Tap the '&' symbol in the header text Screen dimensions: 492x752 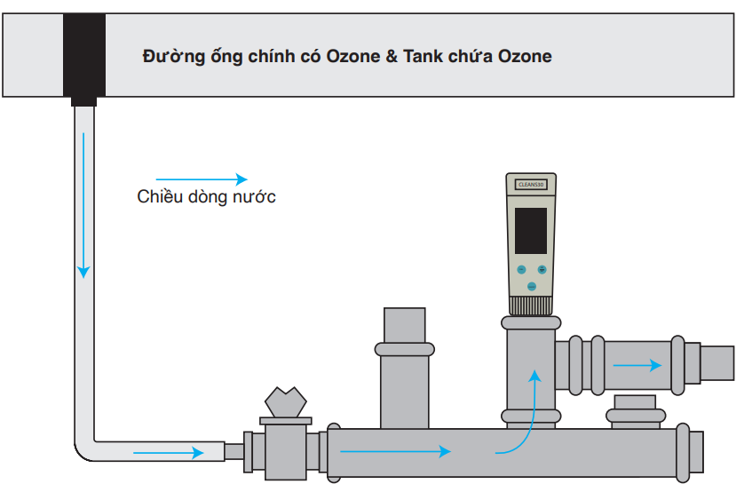click(391, 57)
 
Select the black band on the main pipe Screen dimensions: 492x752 click(84, 54)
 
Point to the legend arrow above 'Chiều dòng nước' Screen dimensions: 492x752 click(202, 178)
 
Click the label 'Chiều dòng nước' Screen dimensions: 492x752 click(206, 197)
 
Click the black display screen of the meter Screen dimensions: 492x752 click(531, 228)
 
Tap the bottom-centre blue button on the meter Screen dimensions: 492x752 click(531, 287)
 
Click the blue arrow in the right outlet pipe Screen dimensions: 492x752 click(637, 364)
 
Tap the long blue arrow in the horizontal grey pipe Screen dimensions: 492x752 click(395, 451)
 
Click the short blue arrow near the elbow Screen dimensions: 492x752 click(168, 453)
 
